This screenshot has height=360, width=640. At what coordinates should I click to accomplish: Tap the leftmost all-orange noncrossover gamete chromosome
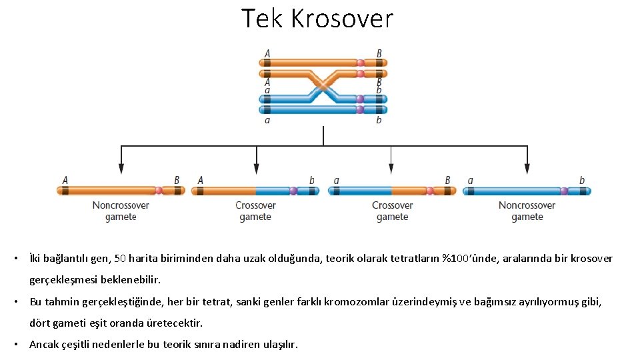click(121, 190)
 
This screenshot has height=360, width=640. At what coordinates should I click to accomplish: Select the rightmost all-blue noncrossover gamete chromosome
click(527, 191)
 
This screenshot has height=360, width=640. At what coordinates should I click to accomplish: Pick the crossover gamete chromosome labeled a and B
click(393, 191)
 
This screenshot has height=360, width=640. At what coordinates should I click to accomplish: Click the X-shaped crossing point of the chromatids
click(323, 86)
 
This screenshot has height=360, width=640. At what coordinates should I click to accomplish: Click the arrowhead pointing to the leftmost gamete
click(121, 169)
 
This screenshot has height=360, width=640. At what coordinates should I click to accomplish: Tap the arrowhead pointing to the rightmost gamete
click(527, 169)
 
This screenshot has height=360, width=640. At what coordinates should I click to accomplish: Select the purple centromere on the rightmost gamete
click(564, 191)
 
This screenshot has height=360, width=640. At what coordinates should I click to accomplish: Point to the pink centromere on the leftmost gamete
click(159, 190)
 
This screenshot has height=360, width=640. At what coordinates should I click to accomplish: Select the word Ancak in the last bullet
click(45, 345)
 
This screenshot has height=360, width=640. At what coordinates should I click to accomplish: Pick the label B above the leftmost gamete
click(177, 180)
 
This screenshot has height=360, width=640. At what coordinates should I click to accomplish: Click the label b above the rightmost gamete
click(582, 180)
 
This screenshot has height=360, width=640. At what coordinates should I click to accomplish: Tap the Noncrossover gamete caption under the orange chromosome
click(121, 211)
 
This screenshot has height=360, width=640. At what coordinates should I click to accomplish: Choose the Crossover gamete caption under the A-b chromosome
click(255, 211)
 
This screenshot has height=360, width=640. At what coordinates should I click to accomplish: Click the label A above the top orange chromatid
click(267, 53)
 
